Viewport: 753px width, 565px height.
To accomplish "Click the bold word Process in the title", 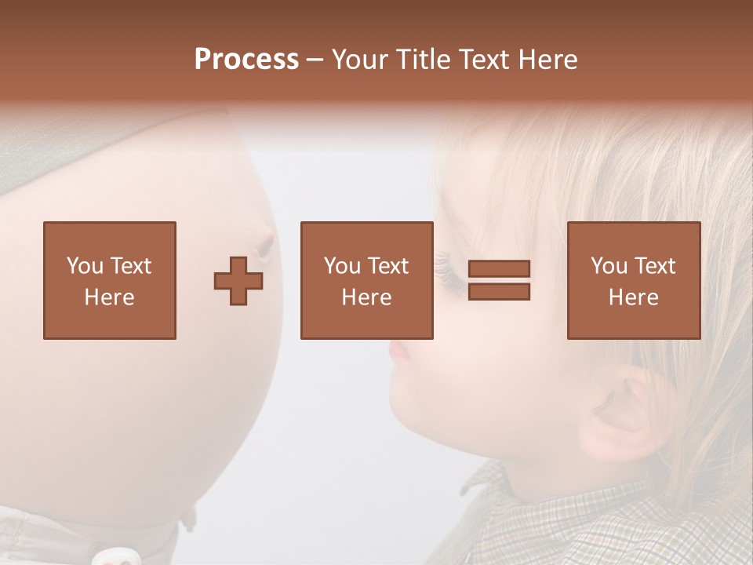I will coord(246,60).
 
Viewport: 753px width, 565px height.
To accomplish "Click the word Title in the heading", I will coord(424,60).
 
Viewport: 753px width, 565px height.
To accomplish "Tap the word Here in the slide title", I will coord(547,60).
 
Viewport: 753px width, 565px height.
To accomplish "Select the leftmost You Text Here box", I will coord(109,280).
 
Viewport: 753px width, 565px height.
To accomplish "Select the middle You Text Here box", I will coord(366,280).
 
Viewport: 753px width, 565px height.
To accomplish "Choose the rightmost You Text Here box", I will coord(633,280).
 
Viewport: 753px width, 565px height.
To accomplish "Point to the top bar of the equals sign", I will coord(499,268).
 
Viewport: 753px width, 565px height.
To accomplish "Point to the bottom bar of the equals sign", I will coord(499,291).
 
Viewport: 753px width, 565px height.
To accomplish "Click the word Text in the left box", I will coord(130,266).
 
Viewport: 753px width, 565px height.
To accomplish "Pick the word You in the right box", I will coord(609,266).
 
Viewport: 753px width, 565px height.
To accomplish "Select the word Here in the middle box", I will coord(366,297).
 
